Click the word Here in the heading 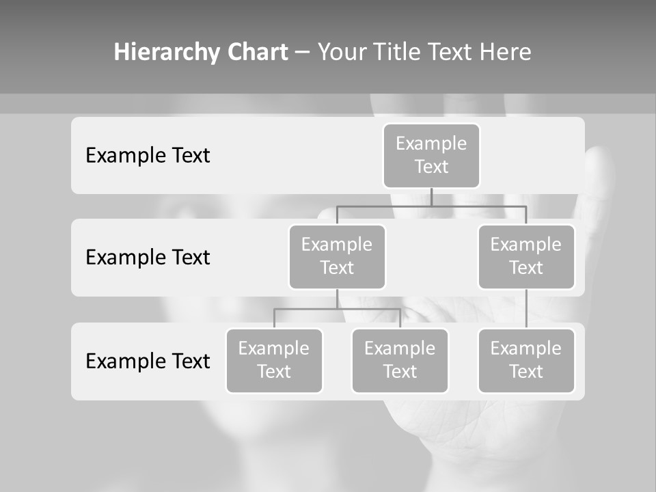506,53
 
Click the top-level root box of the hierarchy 431,156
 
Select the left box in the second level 337,257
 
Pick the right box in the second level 526,257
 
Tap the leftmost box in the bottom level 274,361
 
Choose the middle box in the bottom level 400,361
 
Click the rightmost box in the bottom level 526,361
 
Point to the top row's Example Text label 148,156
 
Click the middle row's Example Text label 148,258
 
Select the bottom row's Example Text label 148,361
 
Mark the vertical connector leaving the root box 431,197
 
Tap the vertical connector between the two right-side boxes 526,309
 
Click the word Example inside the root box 431,144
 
